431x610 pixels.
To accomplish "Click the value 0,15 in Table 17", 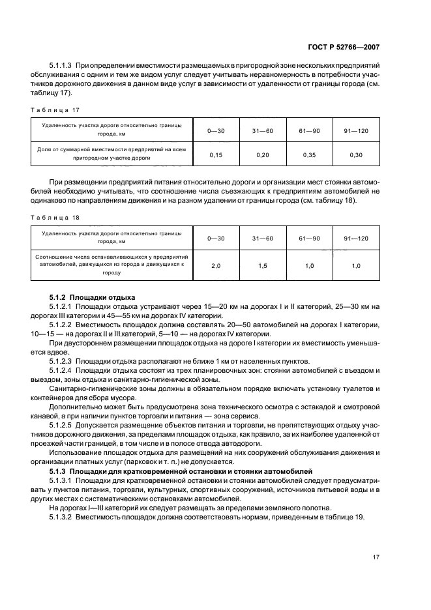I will click(216, 155).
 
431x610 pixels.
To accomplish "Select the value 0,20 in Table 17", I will click(263, 155).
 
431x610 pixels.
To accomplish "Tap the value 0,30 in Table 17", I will click(356, 155).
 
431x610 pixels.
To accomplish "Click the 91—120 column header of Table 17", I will click(356, 131).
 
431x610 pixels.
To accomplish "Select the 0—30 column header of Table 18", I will click(216, 239).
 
